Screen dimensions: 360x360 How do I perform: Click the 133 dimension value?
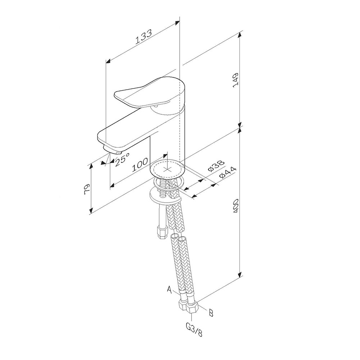coord(144,36)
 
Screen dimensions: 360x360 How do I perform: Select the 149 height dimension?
coord(235,80)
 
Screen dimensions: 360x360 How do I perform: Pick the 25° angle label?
coord(122,159)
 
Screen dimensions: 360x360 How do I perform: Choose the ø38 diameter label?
coord(216,166)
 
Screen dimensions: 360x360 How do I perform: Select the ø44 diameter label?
coord(228,173)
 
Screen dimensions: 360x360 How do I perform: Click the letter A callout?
coord(170,289)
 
